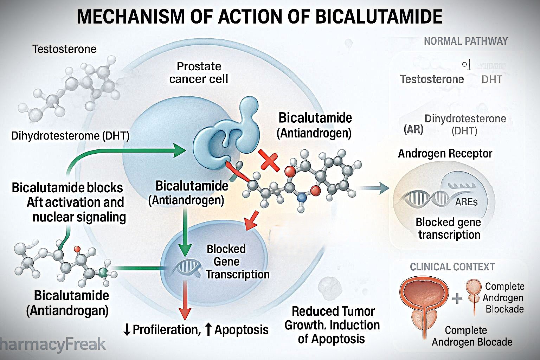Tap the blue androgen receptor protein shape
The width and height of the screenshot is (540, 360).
tap(225, 135)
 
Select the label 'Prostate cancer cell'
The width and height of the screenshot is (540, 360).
tap(199, 72)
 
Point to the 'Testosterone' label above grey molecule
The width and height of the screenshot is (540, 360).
tap(64, 49)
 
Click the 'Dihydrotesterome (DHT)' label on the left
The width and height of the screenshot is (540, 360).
tap(70, 136)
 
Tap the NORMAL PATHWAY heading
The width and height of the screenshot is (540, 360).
tap(465, 41)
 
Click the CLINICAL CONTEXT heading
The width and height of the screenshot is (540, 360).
tap(452, 267)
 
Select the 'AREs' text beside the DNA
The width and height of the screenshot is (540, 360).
tap(466, 202)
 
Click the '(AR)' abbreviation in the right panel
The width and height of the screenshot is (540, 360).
tap(413, 130)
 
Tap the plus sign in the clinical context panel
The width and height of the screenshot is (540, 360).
tap(457, 299)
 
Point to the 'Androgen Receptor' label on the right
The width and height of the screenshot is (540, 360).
tap(445, 154)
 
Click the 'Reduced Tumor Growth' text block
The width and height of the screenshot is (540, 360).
tap(332, 325)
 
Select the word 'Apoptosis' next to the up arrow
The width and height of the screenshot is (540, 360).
tap(241, 330)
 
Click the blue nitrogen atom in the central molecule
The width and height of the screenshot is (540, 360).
tap(301, 198)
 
